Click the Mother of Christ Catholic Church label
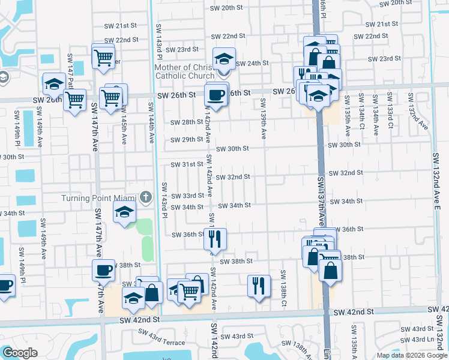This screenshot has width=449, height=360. click(x=184, y=72)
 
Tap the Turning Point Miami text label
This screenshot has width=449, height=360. click(x=100, y=199)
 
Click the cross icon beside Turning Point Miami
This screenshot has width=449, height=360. click(x=145, y=197)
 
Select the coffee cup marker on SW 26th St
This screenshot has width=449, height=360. click(x=215, y=94)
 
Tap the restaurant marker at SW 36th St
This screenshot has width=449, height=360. click(x=215, y=238)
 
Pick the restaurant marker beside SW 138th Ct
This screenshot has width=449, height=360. click(x=259, y=284)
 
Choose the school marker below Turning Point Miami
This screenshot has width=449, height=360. click(x=125, y=213)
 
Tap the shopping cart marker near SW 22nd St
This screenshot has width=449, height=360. click(x=103, y=58)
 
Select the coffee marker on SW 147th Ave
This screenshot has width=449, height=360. click(x=103, y=270)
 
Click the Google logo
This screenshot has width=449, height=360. click(x=20, y=353)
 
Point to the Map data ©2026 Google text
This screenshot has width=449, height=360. click(x=412, y=355)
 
